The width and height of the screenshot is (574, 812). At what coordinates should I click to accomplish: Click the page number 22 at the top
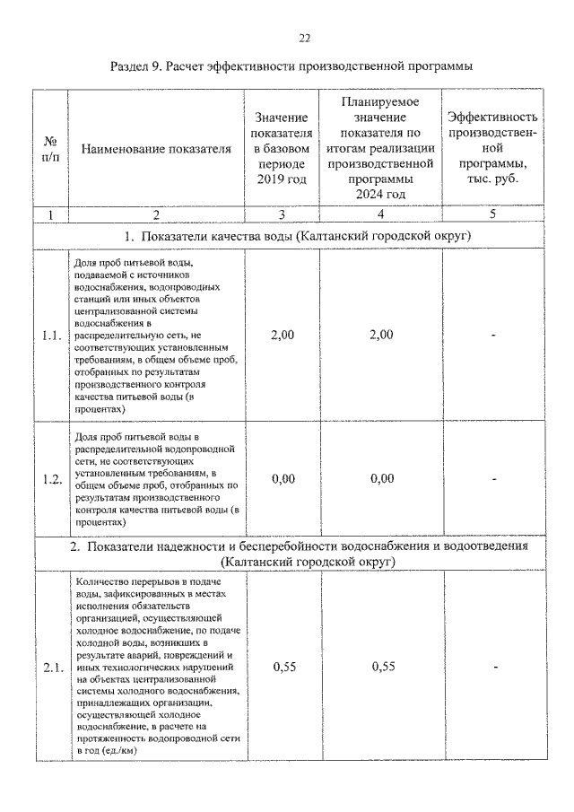[304, 38]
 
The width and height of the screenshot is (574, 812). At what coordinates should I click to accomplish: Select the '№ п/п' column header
[51, 149]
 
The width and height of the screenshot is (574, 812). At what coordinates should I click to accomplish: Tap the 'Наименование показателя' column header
[156, 150]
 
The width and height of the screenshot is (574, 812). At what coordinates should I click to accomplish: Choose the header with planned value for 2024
[381, 149]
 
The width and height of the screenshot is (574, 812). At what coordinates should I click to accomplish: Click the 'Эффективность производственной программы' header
[492, 149]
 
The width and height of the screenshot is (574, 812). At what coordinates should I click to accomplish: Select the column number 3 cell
[282, 214]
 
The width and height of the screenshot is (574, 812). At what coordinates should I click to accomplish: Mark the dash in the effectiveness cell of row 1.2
[493, 479]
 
